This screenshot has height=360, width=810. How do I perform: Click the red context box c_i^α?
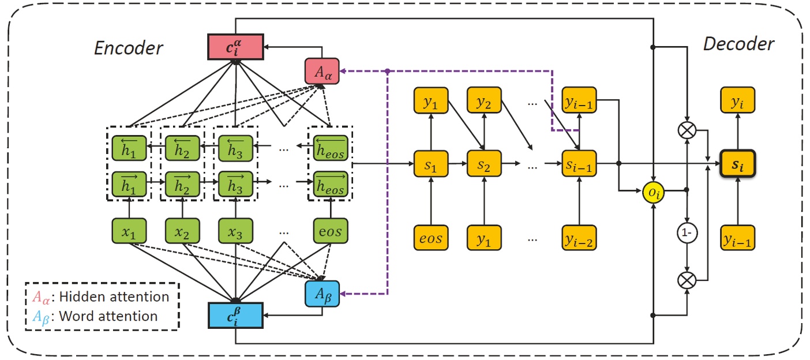[235, 47]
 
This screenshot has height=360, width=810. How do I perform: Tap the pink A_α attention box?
[321, 71]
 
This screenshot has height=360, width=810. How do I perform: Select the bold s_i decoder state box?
[738, 164]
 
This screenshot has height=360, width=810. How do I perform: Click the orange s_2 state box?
[484, 165]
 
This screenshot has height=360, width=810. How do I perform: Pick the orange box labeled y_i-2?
[579, 238]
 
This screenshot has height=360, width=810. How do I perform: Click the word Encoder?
[128, 48]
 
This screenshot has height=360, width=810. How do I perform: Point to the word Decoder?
[738, 44]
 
